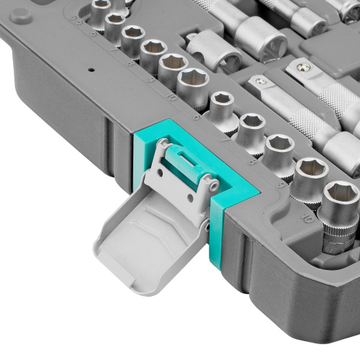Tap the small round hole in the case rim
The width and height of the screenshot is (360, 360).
[x=91, y=71]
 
